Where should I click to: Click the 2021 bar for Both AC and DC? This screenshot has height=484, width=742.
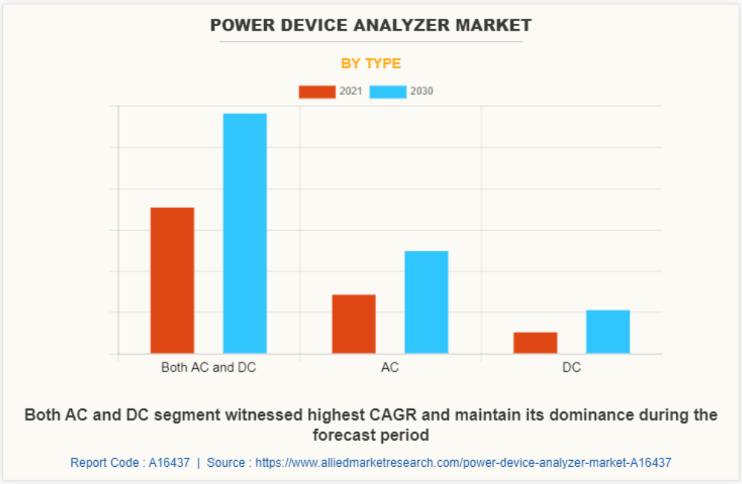172,280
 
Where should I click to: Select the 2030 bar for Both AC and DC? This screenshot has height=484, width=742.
245,233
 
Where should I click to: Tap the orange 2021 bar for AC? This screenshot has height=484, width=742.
354,323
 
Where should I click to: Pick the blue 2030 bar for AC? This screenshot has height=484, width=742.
426,302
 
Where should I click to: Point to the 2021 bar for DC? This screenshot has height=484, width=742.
535,342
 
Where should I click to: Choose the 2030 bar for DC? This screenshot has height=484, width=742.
607,332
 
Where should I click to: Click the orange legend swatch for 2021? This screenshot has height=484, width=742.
317,92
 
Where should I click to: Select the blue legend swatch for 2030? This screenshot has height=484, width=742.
388,92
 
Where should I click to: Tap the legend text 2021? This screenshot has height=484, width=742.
351,92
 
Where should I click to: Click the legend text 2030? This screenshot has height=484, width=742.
422,92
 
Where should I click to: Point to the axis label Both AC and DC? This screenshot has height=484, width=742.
209,368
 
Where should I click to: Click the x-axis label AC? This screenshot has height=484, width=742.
390,368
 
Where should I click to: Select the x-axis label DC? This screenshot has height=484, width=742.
571,368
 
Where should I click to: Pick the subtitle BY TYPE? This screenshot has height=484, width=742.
371,63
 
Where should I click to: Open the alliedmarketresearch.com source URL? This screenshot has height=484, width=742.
463,462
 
